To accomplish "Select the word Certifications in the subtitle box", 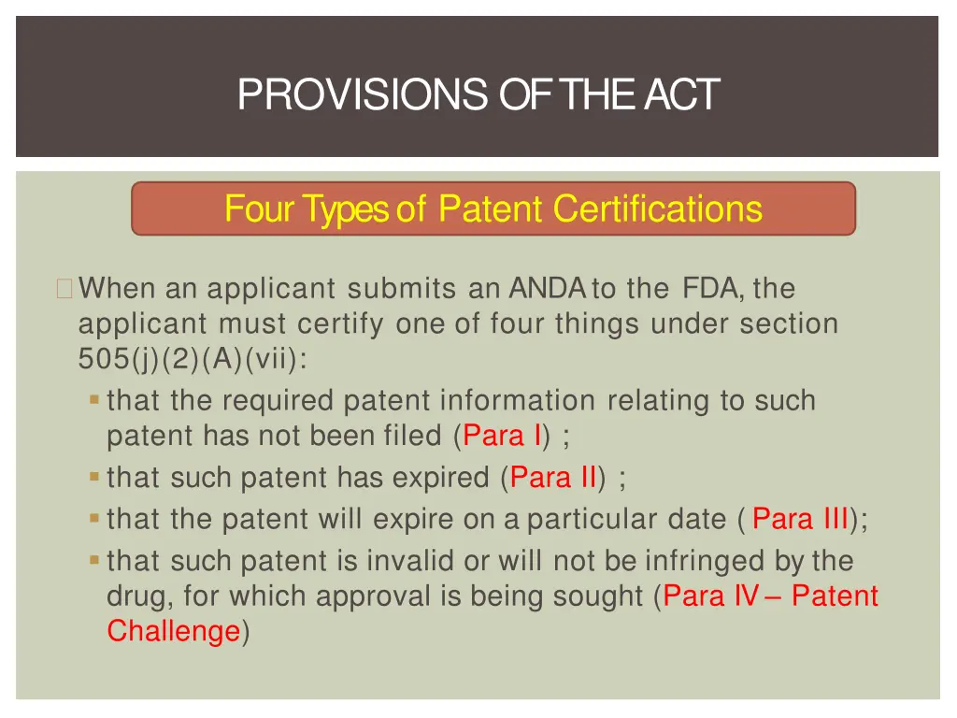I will point(657,208).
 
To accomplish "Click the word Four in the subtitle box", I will point(259,208).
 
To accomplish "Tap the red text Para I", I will point(502,436).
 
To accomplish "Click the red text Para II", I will point(552,479).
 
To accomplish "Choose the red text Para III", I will point(800,518).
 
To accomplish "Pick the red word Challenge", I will point(174,631).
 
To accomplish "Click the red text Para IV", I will point(710,596).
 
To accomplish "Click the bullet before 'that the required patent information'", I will point(94,400).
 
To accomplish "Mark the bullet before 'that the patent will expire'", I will point(94,517).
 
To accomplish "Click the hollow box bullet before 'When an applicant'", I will point(64,288).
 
